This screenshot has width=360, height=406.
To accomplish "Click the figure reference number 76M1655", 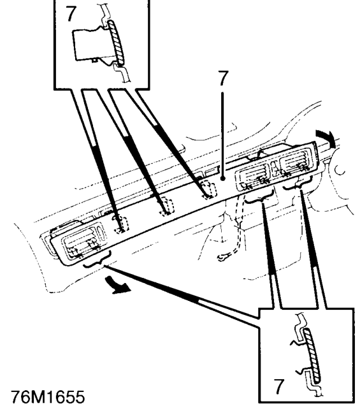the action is (x=48, y=397).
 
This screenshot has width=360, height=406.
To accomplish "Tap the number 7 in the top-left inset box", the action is (x=71, y=13).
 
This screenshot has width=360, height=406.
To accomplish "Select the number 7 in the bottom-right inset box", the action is (x=278, y=386).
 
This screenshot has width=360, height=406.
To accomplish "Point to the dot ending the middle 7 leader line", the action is (x=223, y=178).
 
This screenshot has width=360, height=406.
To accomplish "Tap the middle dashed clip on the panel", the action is (x=166, y=207).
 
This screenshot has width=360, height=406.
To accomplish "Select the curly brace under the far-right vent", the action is (x=298, y=184).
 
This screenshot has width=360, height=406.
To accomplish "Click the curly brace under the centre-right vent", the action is (x=259, y=198).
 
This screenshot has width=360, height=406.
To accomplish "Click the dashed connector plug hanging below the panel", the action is (x=225, y=257).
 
